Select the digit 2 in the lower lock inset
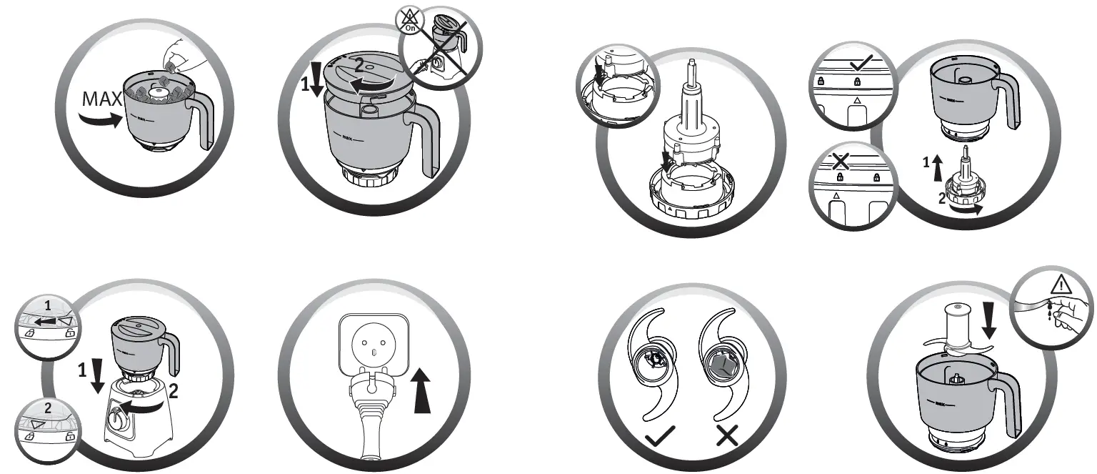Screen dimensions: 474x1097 [47, 409]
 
